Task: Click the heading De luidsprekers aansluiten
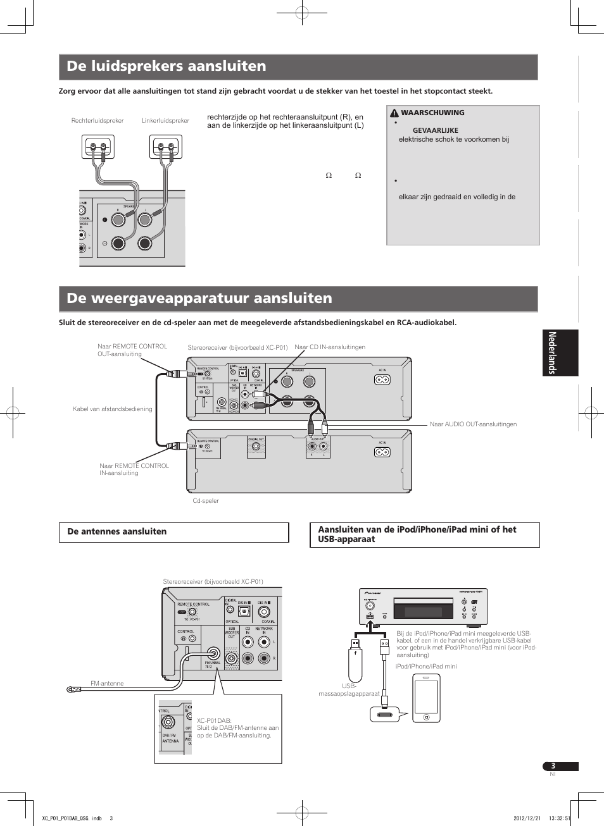167,66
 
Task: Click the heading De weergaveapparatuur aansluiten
199,299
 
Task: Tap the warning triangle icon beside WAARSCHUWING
394,113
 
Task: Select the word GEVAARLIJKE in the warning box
435,130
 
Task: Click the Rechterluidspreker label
98,121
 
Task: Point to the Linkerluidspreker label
165,121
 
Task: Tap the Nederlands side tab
560,353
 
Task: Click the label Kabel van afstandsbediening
113,409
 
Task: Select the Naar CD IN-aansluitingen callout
330,347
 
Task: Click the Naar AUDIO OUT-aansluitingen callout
473,424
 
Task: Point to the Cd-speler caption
206,501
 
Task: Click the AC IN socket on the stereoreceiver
382,379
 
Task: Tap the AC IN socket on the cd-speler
382,452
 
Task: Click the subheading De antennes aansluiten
117,532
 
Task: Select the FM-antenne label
107,684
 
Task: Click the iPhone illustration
426,698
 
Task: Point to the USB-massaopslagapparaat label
349,690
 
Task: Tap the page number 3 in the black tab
553,766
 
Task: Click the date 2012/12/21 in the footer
525,818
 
